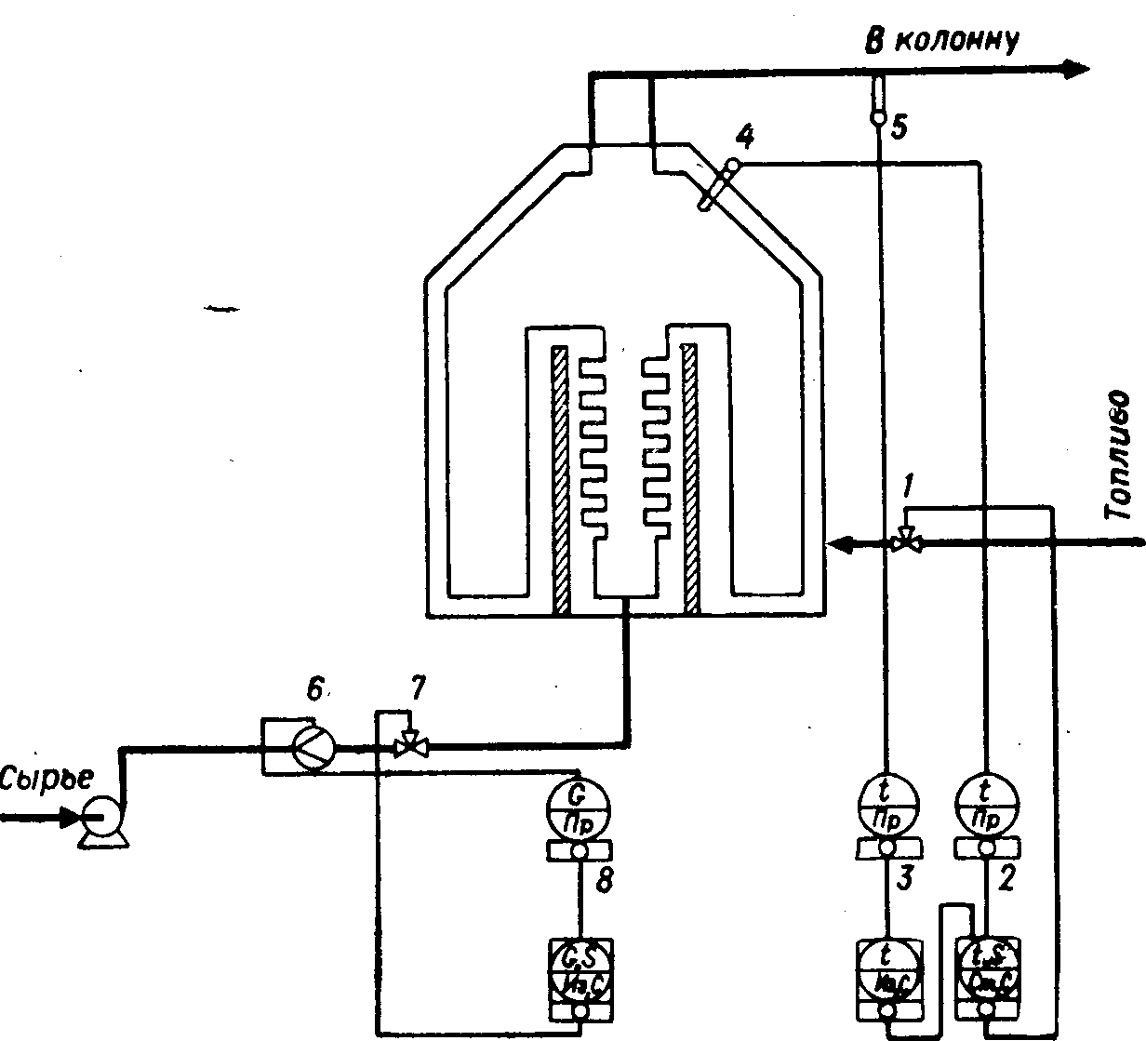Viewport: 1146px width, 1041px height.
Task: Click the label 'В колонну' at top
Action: click(x=942, y=41)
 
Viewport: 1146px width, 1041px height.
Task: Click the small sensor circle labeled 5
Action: click(x=877, y=119)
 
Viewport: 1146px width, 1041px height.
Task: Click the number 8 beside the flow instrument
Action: click(x=604, y=881)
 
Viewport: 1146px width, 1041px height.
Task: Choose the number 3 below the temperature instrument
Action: click(x=900, y=878)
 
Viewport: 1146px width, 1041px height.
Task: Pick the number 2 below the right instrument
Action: click(x=1004, y=878)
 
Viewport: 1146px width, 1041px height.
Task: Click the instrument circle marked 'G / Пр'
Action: click(x=580, y=806)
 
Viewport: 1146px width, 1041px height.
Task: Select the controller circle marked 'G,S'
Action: click(x=580, y=968)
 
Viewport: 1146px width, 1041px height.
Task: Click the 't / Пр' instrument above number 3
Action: click(x=886, y=805)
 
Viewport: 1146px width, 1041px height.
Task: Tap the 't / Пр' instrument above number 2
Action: click(x=989, y=805)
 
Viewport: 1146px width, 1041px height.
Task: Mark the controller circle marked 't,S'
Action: click(x=989, y=968)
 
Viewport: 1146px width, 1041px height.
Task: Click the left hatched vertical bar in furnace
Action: click(x=560, y=479)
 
